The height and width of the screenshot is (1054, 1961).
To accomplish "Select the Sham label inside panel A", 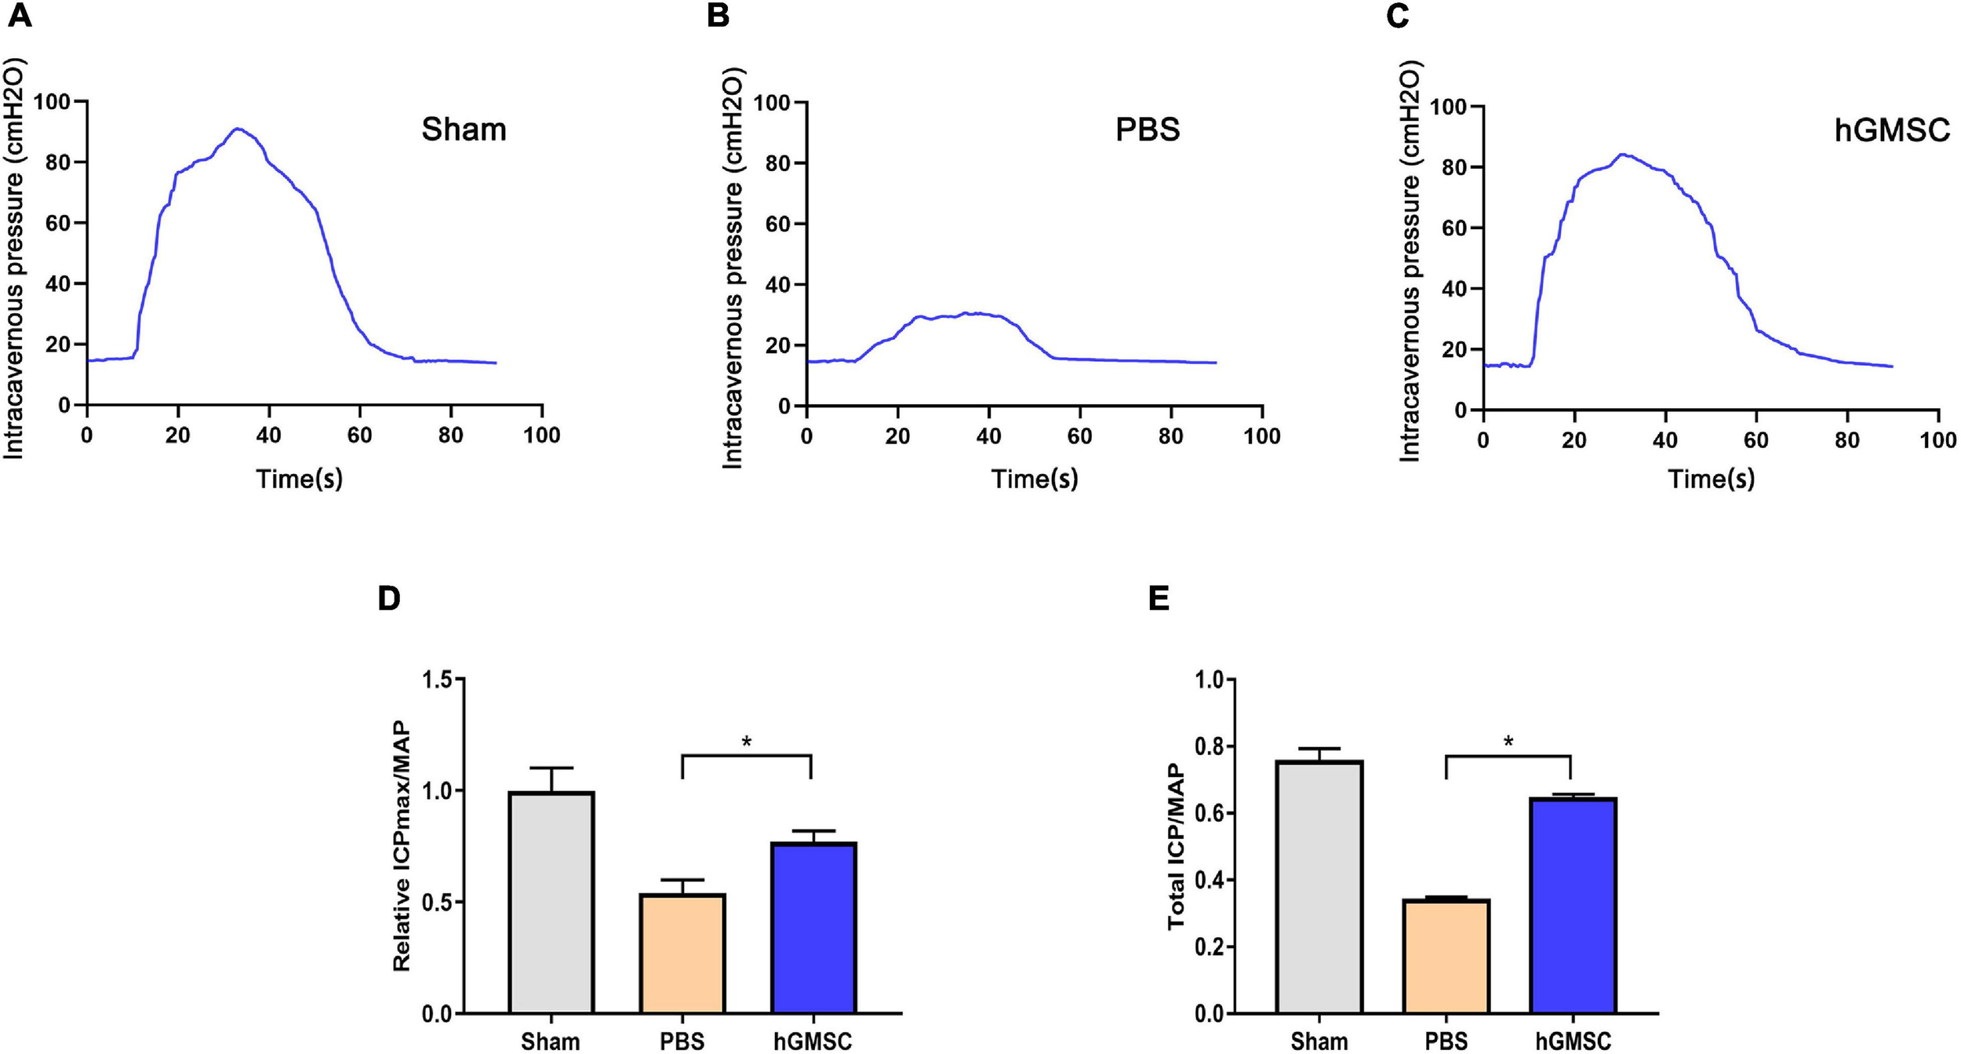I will tap(464, 129).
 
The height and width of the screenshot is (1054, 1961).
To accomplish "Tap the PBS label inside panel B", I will tap(1147, 129).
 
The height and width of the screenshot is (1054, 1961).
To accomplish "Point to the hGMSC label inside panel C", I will tap(1891, 129).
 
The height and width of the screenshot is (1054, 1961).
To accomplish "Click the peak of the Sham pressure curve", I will tap(238, 129).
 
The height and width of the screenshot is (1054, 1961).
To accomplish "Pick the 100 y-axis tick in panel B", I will tap(769, 103).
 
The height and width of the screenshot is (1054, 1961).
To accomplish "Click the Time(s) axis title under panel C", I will tap(1710, 479).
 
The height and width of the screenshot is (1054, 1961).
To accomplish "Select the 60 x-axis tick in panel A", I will tap(359, 436).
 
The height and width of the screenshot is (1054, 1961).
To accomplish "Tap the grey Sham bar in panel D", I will tap(551, 903).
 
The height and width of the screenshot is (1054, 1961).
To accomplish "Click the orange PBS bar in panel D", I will tap(682, 954).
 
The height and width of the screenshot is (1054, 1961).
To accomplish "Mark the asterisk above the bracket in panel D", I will tap(747, 742).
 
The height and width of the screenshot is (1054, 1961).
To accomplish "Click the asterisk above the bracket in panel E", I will tap(1508, 742).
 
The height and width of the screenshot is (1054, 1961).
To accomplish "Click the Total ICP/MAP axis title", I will tap(1176, 848).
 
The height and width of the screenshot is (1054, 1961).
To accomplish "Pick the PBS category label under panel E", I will tap(1446, 1041).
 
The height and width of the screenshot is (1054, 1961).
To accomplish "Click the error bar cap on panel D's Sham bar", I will tap(551, 768).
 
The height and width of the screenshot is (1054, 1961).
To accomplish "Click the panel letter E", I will tap(1159, 599).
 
